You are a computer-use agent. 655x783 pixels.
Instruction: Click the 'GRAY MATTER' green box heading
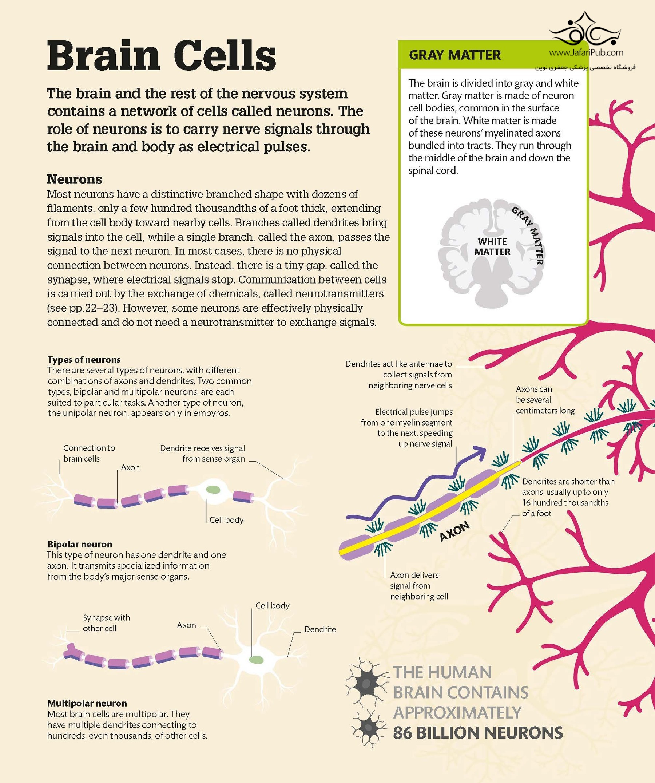(x=454, y=55)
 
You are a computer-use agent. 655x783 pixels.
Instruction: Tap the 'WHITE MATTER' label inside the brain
(x=492, y=246)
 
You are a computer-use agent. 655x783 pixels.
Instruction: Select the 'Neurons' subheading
(x=74, y=179)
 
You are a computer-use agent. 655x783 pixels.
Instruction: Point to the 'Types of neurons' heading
(x=84, y=359)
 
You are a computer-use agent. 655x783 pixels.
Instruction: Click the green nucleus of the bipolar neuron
(x=213, y=490)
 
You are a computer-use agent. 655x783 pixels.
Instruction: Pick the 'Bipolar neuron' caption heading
(x=80, y=544)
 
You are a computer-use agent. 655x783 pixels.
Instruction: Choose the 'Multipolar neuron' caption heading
(x=87, y=703)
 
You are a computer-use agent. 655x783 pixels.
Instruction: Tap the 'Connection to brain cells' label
(x=89, y=453)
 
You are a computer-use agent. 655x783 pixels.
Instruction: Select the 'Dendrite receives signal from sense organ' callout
(x=202, y=454)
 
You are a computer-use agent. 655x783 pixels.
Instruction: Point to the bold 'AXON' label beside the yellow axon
(x=454, y=532)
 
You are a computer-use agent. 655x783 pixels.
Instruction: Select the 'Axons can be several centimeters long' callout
(x=545, y=400)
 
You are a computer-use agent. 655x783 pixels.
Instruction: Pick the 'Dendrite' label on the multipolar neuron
(x=320, y=629)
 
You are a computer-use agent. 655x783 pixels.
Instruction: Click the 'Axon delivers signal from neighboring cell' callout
(x=418, y=586)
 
